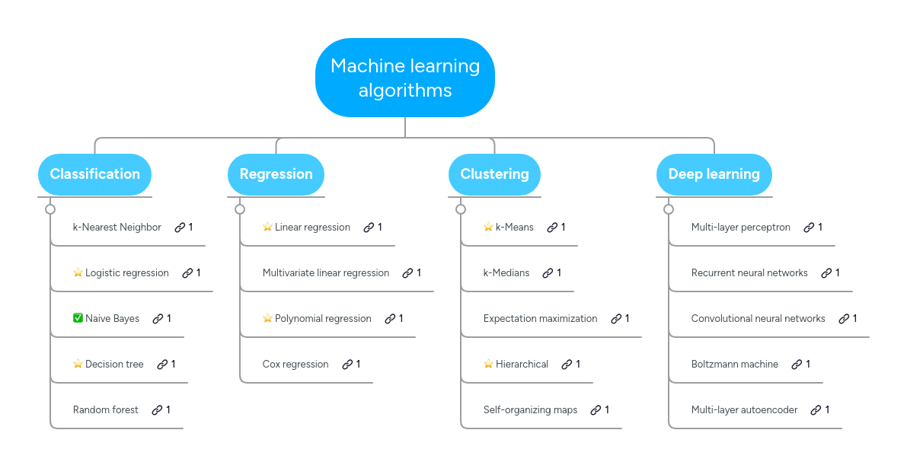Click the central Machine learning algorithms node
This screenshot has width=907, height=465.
point(405,78)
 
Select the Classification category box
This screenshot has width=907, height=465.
point(95,174)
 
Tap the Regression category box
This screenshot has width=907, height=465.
point(276,174)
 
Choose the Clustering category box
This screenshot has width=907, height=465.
point(494,174)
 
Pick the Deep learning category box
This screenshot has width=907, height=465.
point(714,174)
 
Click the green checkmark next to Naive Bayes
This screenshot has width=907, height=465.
point(78,318)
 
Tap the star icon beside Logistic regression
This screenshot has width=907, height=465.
point(78,272)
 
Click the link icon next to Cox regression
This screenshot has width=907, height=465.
point(347,365)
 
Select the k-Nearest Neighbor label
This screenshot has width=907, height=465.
point(117,227)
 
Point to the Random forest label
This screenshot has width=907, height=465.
point(105,409)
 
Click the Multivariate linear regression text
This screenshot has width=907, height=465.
point(325,272)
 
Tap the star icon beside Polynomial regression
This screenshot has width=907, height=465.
point(267,318)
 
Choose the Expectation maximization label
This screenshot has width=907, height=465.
point(540,318)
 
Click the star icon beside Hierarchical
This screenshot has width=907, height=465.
point(488,364)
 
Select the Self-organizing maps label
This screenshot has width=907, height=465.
point(530,409)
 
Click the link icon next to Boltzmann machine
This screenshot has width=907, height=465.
point(797,365)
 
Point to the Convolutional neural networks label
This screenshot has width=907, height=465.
point(758,318)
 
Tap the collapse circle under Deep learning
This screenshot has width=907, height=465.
point(669,209)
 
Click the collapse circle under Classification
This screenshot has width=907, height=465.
point(50,209)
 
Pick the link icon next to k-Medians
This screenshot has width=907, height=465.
point(547,273)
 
